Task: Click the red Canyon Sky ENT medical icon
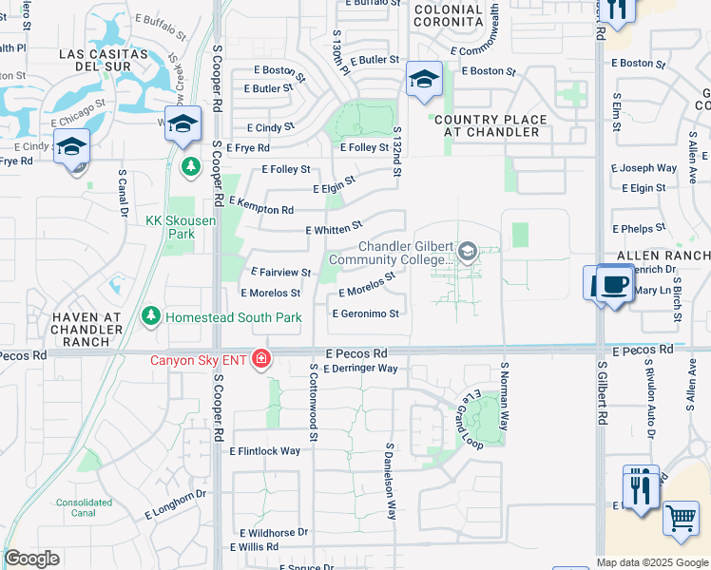pos(259,360)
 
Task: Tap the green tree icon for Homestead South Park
pos(150,315)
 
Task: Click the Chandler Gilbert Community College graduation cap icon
pos(466,252)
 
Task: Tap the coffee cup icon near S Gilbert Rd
pos(613,285)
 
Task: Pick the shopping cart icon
pos(681,519)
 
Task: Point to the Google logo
pos(31,559)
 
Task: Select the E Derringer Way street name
pos(361,369)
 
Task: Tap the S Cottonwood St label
pos(313,402)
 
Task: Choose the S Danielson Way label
pos(390,481)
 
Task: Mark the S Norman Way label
pos(505,396)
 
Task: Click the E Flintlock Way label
pos(265,451)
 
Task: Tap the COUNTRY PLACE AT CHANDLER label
pos(490,125)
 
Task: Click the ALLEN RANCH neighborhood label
pos(663,256)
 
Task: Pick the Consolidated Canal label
pos(84,507)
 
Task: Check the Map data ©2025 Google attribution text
pos(652,562)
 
